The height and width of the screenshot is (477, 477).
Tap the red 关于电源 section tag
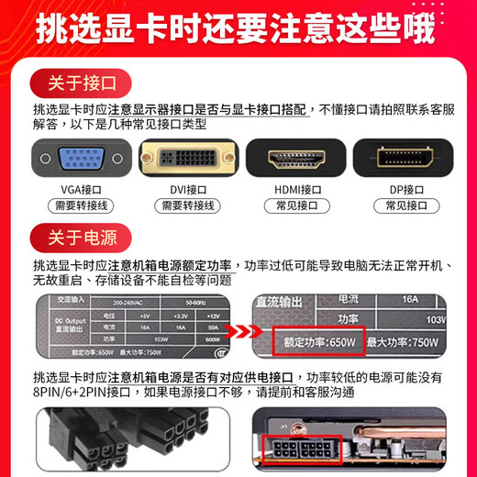[80, 238]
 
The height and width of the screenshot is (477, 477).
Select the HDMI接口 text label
[293, 190]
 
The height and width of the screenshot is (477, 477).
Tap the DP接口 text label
[403, 190]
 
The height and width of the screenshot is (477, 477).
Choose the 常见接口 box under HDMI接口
[293, 206]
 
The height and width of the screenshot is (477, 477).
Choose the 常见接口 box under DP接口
[403, 206]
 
